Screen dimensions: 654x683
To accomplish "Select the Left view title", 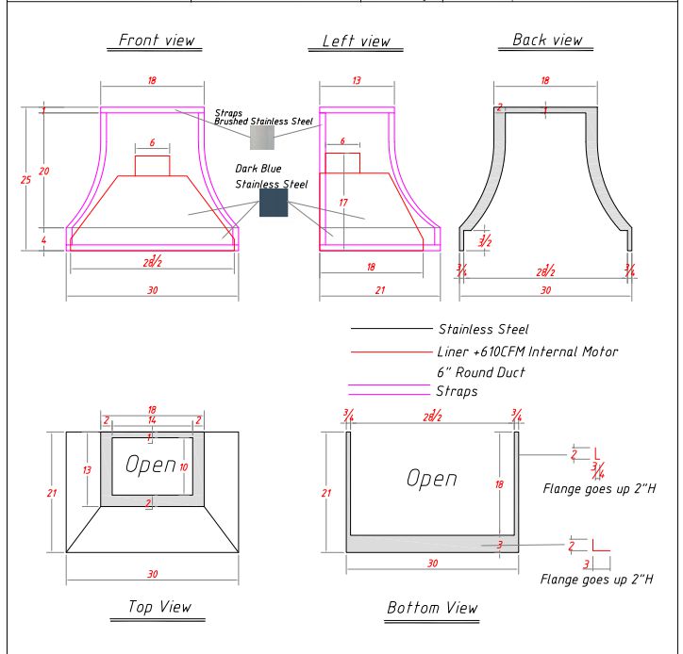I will click(350, 41).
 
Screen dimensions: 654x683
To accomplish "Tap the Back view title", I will click(547, 40).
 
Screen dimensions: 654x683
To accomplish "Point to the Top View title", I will click(158, 607).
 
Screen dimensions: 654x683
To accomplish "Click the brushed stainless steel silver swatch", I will click(261, 139).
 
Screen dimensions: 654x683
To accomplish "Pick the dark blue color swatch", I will click(274, 203).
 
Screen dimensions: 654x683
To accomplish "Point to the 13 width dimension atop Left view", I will click(356, 81).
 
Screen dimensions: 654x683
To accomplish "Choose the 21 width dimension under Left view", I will click(380, 290).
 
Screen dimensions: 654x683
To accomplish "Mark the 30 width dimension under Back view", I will click(545, 290).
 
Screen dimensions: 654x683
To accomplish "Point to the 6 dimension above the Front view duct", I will click(152, 142).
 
